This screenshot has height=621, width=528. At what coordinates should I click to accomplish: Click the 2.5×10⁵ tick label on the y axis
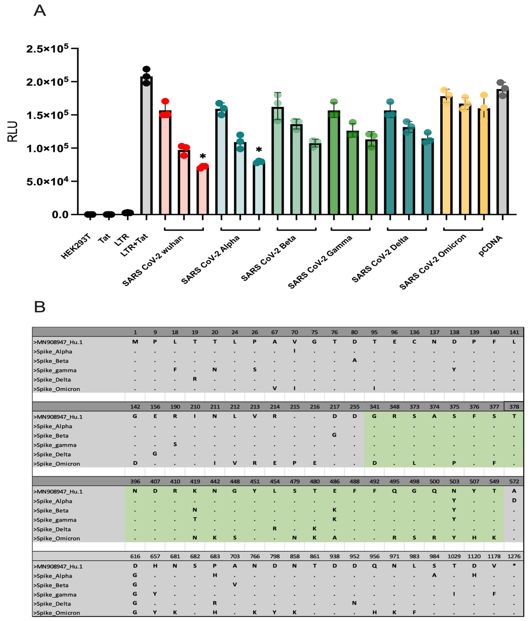point(47,49)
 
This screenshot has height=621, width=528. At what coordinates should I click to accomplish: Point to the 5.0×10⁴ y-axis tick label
point(47,181)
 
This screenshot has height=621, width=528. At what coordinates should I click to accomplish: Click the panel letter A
point(40,11)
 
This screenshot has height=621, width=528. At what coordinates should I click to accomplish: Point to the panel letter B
point(40,307)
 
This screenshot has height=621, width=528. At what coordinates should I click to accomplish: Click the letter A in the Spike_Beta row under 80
point(354,360)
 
